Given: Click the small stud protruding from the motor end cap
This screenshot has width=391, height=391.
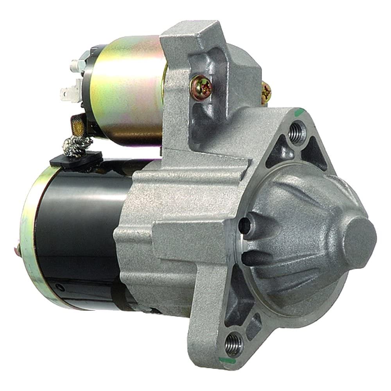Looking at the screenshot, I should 17,247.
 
